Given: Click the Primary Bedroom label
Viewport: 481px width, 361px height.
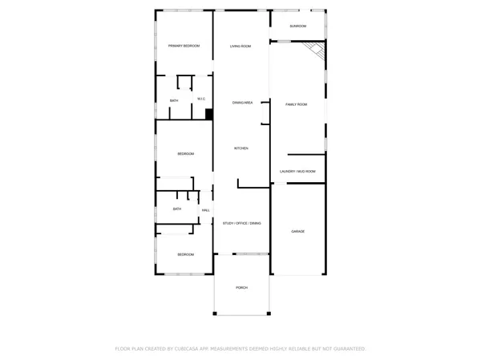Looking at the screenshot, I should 184,47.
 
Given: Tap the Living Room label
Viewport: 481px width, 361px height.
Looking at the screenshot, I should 240,47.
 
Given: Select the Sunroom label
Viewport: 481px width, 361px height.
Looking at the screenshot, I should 298,26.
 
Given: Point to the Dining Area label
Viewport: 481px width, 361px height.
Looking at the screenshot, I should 243,103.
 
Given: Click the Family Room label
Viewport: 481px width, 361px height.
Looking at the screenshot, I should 297,104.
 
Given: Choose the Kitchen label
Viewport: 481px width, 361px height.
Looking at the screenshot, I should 241,148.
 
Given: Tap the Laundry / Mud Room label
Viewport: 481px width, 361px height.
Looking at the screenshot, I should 297,172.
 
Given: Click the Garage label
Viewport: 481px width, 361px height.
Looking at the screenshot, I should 297,232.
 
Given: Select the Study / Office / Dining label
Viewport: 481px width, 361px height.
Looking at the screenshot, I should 242,223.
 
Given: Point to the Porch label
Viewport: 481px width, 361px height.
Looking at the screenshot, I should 241,287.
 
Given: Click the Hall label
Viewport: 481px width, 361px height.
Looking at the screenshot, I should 206,210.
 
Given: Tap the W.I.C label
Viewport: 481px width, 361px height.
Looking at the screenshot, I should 201,99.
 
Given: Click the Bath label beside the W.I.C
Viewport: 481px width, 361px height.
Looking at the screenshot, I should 174,100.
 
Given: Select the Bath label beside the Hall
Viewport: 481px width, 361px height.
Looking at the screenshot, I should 177,209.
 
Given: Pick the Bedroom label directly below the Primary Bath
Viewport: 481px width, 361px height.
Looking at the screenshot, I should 185,153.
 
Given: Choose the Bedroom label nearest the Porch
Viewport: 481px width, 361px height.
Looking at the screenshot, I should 185,254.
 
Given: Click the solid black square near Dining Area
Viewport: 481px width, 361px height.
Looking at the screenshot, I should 208,115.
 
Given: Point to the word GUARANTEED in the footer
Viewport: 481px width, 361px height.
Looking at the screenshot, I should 350,349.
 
